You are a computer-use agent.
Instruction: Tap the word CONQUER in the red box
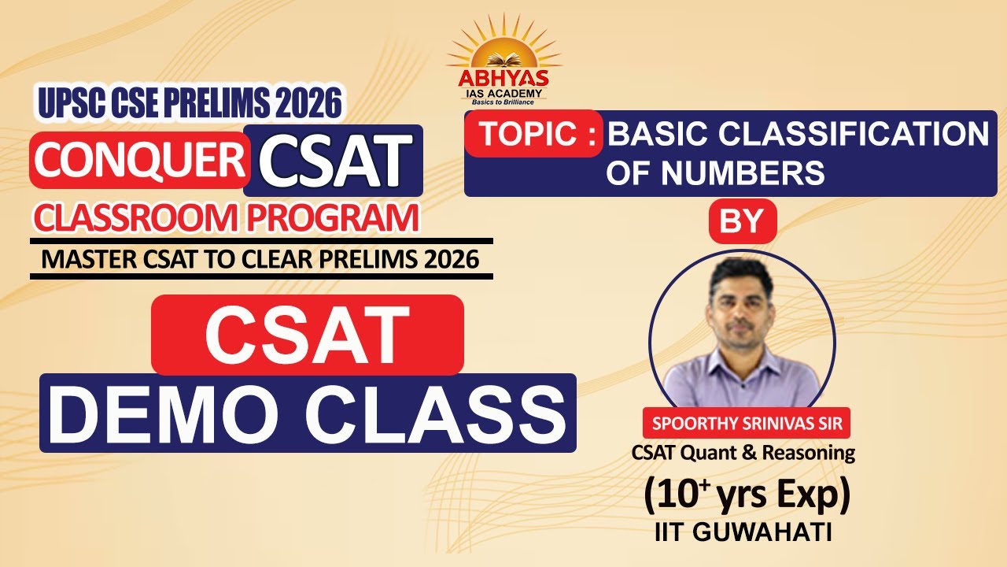pos(137,158)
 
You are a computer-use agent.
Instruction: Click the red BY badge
pos(742,221)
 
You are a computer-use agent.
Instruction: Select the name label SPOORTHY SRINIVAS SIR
pos(747,424)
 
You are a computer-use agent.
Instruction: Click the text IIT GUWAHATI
pos(743,532)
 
